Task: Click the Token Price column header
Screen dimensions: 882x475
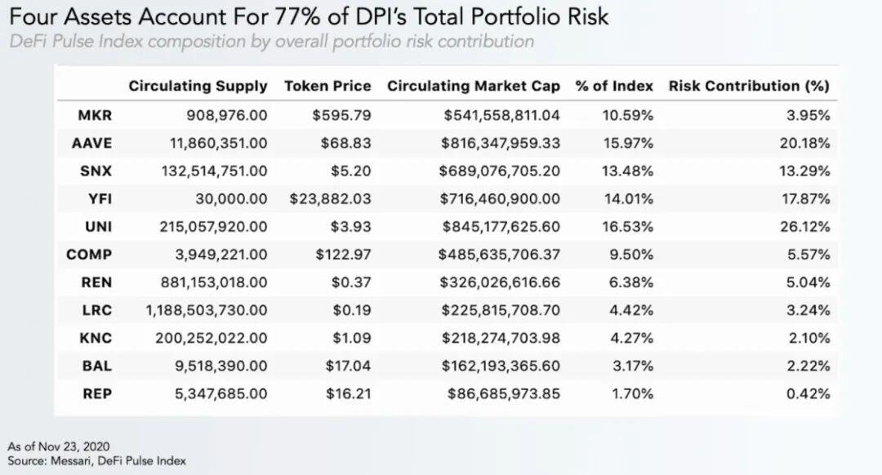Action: click(327, 86)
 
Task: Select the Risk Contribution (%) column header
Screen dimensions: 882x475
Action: click(749, 86)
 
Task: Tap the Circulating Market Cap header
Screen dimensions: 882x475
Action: click(474, 86)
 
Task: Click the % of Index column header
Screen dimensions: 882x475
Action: click(614, 86)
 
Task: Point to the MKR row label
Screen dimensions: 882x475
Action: click(95, 115)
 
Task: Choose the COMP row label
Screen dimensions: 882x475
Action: click(89, 255)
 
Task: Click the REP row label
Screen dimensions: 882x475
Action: click(97, 393)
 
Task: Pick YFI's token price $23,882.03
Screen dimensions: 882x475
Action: click(330, 199)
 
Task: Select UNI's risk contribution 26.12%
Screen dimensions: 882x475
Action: click(805, 227)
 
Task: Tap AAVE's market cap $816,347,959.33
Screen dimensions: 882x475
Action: click(501, 144)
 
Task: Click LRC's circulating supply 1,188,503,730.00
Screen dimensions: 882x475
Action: click(207, 310)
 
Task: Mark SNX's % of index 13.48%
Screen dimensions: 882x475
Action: click(628, 171)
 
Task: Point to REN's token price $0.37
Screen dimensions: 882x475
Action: click(351, 282)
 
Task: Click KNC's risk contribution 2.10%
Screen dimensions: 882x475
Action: click(808, 338)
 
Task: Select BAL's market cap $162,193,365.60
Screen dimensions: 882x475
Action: click(501, 366)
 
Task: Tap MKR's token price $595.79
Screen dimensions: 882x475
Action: click(342, 115)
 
